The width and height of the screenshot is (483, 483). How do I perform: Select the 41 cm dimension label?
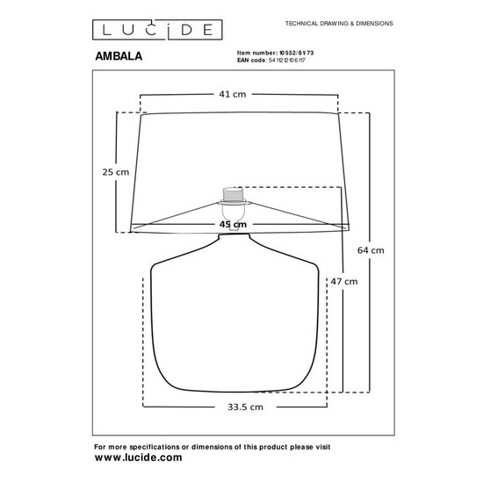pos(232,94)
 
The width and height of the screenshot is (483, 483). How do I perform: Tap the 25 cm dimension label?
pos(116,172)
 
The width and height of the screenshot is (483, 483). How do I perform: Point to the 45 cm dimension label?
pos(232,225)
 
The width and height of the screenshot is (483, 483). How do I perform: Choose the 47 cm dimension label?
pos(344,282)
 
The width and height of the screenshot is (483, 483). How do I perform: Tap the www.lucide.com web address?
pos(138,458)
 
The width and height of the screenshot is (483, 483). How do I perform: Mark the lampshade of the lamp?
pos(176,167)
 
